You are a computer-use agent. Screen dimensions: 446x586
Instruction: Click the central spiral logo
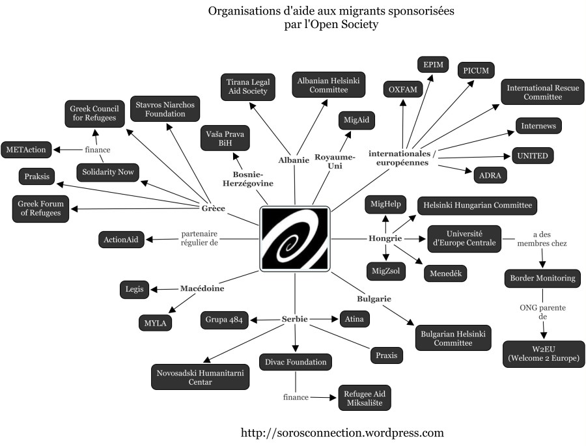[295, 239]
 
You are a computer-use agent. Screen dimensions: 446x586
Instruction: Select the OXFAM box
[403, 89]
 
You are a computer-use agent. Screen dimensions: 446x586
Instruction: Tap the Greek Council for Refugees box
[95, 113]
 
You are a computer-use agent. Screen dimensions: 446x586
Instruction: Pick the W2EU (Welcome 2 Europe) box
[544, 354]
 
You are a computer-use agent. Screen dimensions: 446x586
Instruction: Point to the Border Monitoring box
[541, 278]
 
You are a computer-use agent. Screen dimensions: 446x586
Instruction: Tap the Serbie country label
[294, 319]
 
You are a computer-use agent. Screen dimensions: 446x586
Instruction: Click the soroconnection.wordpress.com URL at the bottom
[342, 432]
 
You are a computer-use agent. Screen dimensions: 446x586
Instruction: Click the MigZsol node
[385, 270]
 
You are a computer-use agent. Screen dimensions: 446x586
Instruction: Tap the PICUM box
[475, 70]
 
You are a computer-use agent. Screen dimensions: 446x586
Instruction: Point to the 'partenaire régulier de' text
[199, 238]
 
